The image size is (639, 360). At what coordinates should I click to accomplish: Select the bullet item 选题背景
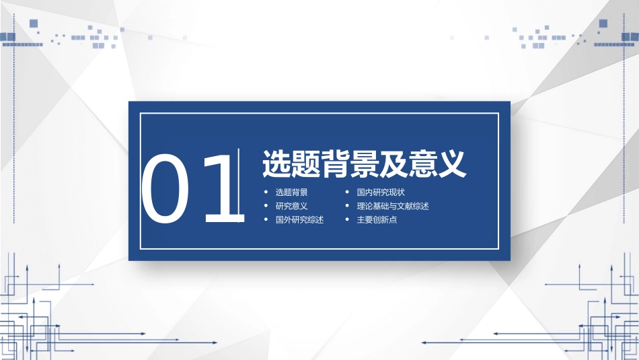pyautogui.click(x=291, y=192)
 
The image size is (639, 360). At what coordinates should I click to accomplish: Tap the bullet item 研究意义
pyautogui.click(x=291, y=206)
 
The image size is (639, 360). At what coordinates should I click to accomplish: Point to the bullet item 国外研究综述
pyautogui.click(x=299, y=219)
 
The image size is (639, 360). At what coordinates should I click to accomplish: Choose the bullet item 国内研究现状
pyautogui.click(x=381, y=192)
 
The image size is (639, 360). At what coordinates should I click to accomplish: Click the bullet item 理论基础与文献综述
pyautogui.click(x=393, y=206)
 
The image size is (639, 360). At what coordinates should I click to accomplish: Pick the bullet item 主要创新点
pyautogui.click(x=377, y=219)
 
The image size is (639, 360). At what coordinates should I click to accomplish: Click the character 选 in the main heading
pyautogui.click(x=276, y=164)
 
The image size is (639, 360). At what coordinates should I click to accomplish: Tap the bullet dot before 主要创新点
pyautogui.click(x=347, y=219)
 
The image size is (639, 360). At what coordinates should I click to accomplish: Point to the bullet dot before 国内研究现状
pyautogui.click(x=347, y=192)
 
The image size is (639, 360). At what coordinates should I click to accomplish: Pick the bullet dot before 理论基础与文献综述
pyautogui.click(x=347, y=206)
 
